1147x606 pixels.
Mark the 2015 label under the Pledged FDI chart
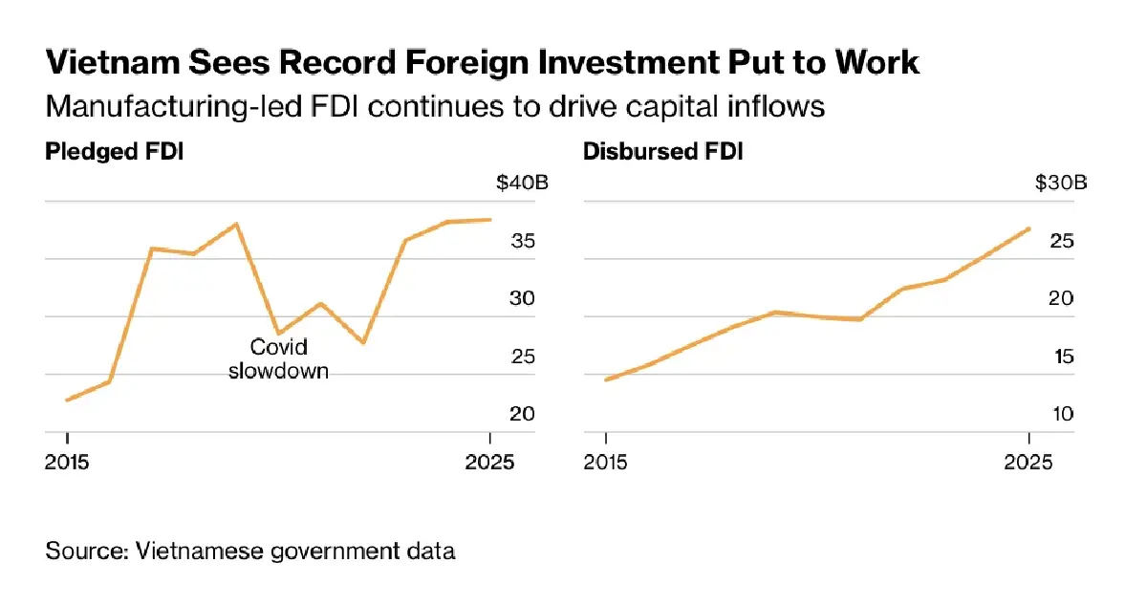point(68,462)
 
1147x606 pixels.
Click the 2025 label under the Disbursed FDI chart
point(1028,462)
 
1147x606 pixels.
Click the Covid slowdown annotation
point(278,358)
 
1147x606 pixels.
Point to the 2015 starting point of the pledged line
point(67,400)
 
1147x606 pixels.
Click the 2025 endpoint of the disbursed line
point(1028,228)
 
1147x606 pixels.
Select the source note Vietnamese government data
point(250,552)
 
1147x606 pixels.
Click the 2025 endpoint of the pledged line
point(490,220)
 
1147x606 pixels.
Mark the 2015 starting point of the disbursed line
point(606,379)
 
